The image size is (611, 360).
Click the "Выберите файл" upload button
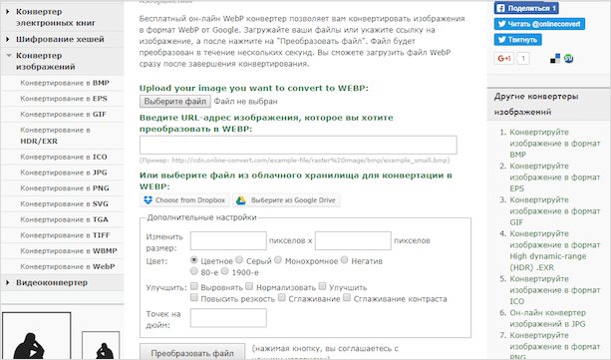174,101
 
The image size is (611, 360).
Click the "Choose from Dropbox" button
184,200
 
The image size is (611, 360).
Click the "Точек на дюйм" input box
228,318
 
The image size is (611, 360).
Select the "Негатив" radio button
346,259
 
